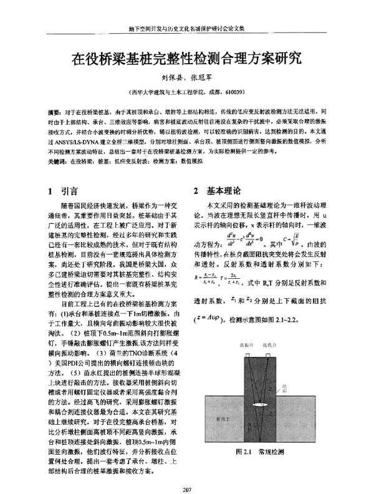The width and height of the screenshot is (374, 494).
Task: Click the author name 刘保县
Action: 165,79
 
